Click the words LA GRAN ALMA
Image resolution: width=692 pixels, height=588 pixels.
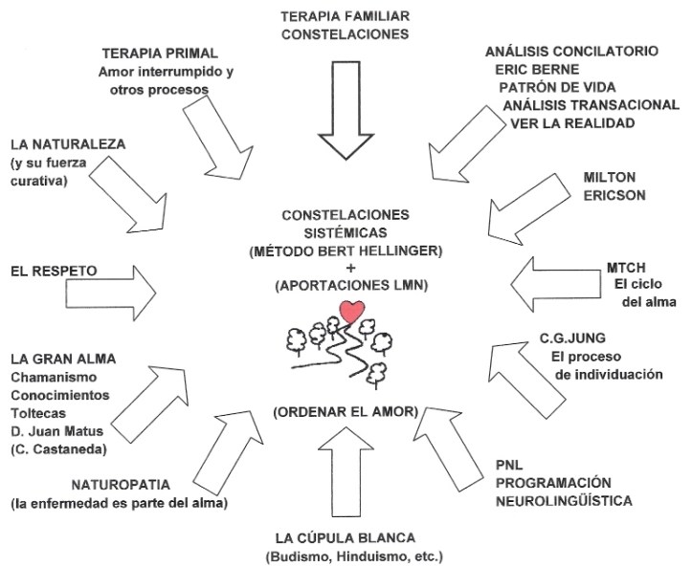point(63,359)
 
